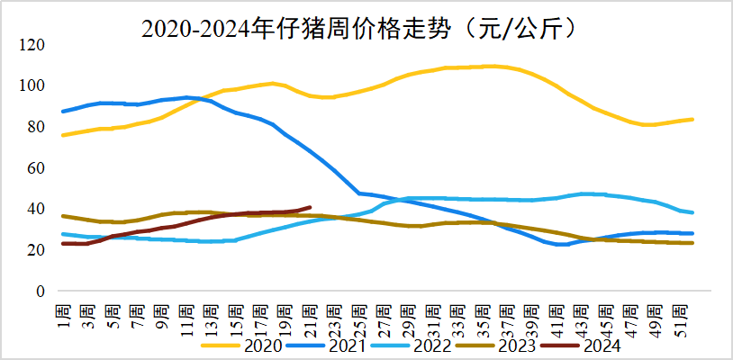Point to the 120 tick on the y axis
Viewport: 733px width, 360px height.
tap(33, 45)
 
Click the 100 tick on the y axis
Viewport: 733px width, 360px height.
tap(33, 85)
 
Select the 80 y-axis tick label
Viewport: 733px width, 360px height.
tap(37, 127)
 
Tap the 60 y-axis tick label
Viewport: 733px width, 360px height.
tap(37, 168)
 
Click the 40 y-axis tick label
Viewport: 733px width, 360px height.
tap(37, 209)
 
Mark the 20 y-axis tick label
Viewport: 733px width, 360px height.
tap(37, 250)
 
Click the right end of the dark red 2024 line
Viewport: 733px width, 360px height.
tap(310, 207)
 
